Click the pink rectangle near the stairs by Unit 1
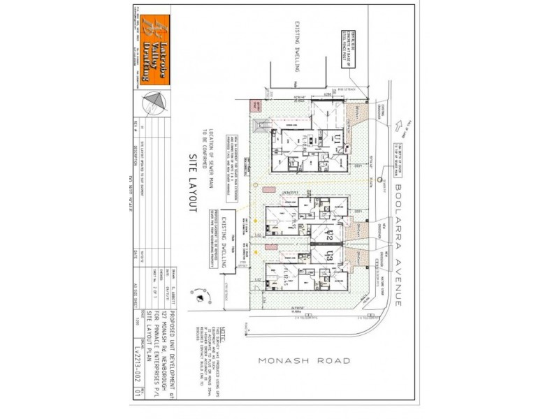254,106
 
